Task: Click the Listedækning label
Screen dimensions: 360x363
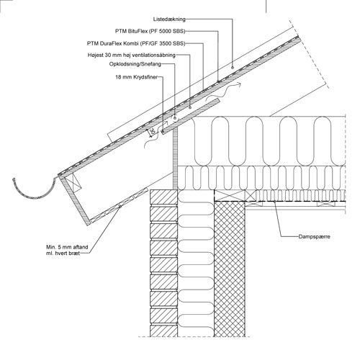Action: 169,19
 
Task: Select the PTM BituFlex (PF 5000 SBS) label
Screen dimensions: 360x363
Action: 150,31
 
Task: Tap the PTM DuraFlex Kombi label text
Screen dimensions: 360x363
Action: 136,43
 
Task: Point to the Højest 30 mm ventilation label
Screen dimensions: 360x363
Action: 132,55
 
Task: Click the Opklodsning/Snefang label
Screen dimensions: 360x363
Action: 135,64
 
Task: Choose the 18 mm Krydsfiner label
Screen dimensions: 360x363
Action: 137,77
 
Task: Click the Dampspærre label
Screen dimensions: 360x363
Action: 315,236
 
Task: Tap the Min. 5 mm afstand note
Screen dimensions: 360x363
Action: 67,250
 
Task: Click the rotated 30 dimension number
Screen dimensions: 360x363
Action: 152,132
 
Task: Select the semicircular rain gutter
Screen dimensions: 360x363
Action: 34,197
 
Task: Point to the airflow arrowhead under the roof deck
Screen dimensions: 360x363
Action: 239,84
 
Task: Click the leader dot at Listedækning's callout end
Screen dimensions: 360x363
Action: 233,68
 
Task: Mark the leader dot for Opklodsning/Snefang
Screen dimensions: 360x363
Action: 175,118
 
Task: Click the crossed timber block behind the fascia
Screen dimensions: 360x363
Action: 73,182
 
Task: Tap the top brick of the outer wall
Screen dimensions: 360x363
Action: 163,197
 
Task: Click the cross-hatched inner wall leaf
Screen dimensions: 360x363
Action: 230,269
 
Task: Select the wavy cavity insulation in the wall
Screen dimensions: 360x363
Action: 196,264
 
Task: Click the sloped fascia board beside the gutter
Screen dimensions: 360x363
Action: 75,200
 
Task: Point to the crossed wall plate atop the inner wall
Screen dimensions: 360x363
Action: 230,195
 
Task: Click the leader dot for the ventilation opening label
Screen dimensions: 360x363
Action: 190,107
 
